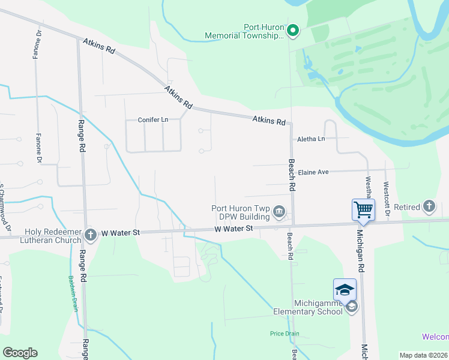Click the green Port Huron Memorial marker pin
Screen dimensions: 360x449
click(x=292, y=30)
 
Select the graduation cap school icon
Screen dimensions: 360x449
click(x=345, y=290)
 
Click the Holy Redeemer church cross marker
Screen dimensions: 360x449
click(x=91, y=235)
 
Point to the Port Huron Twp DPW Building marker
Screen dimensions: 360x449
click(x=279, y=211)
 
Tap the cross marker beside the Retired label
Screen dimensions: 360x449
click(x=429, y=207)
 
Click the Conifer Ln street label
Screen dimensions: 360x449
click(x=153, y=119)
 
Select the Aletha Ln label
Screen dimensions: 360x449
click(x=311, y=139)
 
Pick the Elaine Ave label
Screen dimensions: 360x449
click(x=313, y=172)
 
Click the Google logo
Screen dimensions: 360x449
click(x=20, y=353)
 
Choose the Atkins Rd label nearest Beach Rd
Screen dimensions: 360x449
click(x=268, y=120)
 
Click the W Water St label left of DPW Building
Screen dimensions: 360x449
click(x=234, y=229)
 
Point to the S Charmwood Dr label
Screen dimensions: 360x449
click(x=5, y=207)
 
